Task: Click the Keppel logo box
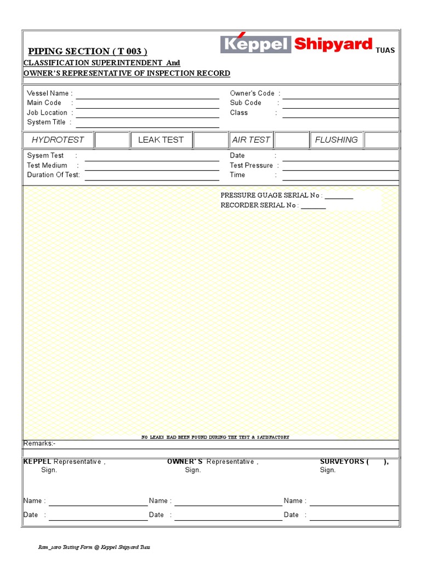point(255,44)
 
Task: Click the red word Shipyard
point(333,44)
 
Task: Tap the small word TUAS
point(385,50)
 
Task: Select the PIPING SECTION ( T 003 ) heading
point(88,52)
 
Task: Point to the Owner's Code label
point(252,93)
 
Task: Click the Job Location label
point(47,113)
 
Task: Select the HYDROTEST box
point(58,140)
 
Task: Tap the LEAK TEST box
point(161,140)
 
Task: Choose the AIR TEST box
point(251,140)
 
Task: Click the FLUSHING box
point(336,140)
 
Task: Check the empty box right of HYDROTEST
point(112,140)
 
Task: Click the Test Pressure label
point(252,165)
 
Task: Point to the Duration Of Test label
point(53,175)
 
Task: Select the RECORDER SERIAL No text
point(259,205)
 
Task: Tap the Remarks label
point(39,443)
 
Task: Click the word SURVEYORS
point(342,462)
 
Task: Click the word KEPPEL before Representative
point(37,462)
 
